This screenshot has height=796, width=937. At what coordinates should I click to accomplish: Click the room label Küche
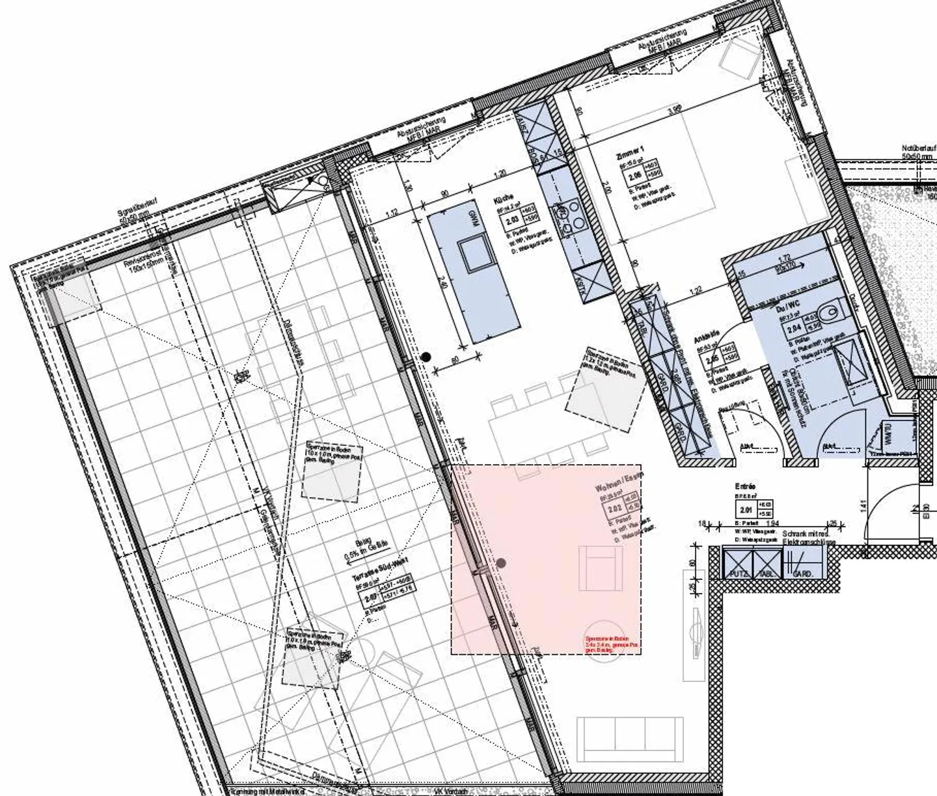pyautogui.click(x=504, y=199)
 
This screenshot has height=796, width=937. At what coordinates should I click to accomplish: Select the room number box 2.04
pyautogui.click(x=793, y=329)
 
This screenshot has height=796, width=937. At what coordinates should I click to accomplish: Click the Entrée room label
pyautogui.click(x=744, y=486)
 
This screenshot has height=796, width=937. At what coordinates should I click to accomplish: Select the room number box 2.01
pyautogui.click(x=745, y=510)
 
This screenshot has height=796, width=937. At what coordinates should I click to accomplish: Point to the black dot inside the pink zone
pyautogui.click(x=502, y=563)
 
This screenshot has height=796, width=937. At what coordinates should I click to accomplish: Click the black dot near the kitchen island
pyautogui.click(x=426, y=356)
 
